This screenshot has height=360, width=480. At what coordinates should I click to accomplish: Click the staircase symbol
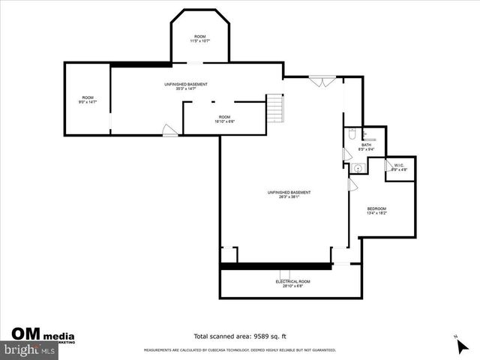pyautogui.click(x=277, y=109)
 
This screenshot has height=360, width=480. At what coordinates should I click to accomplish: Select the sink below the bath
pyautogui.click(x=358, y=168)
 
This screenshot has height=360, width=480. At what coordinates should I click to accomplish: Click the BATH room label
pyautogui.click(x=366, y=146)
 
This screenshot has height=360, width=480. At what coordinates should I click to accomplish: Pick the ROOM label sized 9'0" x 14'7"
pyautogui.click(x=88, y=100)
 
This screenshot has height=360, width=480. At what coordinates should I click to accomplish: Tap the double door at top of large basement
pyautogui.click(x=321, y=80)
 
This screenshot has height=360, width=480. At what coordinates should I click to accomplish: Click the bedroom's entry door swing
pyautogui.click(x=352, y=184)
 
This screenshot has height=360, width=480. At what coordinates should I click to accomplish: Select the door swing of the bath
pyautogui.click(x=346, y=154)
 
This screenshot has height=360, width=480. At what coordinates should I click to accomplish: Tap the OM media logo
pyautogui.click(x=41, y=334)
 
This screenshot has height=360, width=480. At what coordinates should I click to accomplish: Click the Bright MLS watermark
pyautogui.click(x=30, y=349)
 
